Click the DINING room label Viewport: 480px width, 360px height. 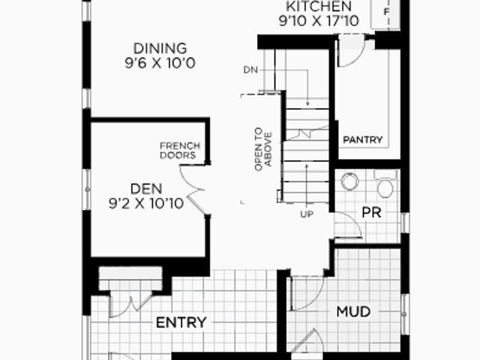click(160, 48)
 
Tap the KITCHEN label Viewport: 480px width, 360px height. click(319, 6)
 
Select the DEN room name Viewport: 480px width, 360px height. click(146, 189)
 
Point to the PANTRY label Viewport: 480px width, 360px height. click(363, 140)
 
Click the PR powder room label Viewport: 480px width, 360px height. click(371, 213)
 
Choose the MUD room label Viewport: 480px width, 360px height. click(353, 312)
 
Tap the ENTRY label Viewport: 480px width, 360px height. click(181, 322)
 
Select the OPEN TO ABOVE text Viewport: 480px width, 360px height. click(263, 149)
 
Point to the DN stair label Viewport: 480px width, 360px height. click(250, 70)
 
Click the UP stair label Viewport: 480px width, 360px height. click(307, 214)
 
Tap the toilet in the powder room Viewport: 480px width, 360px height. click(385, 184)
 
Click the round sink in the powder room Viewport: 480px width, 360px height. click(349, 181)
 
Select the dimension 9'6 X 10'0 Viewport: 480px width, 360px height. click(160, 63)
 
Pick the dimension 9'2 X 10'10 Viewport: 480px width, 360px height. click(146, 203)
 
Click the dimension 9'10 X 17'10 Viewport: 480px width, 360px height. click(319, 21)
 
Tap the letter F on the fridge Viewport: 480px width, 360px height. click(386, 12)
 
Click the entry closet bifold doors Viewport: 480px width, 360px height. click(131, 305)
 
